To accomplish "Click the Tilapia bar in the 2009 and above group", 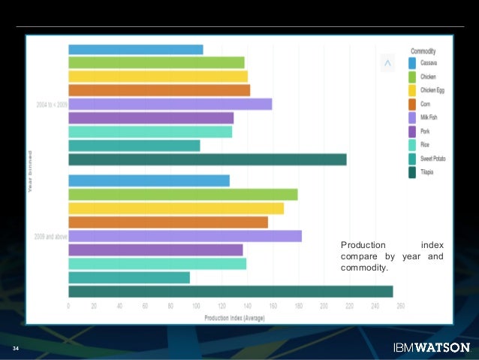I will coord(230,292).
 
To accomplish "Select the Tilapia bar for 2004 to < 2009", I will coord(207,159).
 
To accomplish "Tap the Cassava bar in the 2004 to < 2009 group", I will coord(135,50).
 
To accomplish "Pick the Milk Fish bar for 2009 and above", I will coord(185,236).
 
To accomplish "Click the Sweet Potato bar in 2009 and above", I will coord(129,278).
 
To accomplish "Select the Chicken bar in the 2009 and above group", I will coord(182,195).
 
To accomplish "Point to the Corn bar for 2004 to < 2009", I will coord(159,90).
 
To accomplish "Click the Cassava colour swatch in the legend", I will coord(412,63).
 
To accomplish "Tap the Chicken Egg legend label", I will coord(432,90).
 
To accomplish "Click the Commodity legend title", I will coord(423,51).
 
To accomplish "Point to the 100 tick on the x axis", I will coord(196,306).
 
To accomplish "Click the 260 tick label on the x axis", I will coord(400,306).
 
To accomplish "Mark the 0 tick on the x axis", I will coord(68,306).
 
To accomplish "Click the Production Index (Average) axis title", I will coord(234,317).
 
